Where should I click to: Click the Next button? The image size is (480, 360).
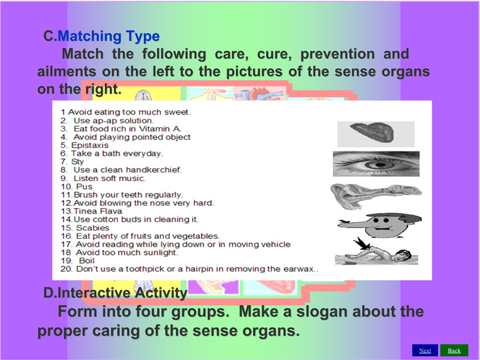point(425,351)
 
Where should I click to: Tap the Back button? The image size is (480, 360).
point(454,351)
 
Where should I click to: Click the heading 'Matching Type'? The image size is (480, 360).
point(109,36)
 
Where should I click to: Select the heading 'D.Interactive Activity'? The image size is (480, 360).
point(115,293)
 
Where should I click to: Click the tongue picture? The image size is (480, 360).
point(373,132)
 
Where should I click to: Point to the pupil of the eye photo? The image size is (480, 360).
point(380,165)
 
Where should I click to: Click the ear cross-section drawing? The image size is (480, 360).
point(376,195)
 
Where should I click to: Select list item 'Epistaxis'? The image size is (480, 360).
point(90,145)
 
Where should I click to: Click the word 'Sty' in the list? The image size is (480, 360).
point(78,162)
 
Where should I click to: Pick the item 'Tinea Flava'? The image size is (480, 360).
point(98,211)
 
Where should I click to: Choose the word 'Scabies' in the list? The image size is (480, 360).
point(92,228)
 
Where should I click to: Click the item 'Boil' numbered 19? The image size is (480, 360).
point(86,261)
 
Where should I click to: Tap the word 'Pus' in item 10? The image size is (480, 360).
point(84,186)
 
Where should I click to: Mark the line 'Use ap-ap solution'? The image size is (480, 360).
point(113,121)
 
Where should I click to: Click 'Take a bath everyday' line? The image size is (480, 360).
point(117,154)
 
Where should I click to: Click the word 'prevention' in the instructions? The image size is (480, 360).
point(338,54)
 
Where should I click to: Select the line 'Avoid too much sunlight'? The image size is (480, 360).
point(127,253)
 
